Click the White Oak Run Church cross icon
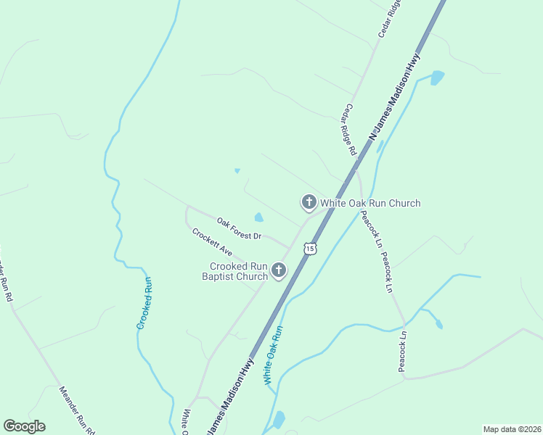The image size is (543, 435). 309,202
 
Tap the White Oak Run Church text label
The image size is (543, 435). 371,204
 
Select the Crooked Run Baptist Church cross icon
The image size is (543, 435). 278,271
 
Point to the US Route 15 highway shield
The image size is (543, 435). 311,249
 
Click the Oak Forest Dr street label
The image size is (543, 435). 238,231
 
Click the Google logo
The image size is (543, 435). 24,426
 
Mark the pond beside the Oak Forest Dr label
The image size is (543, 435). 258,217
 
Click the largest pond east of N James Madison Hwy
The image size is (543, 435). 437,78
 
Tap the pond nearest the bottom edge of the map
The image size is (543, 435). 279,420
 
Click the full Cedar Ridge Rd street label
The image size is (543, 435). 350,130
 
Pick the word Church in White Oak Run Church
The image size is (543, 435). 403,204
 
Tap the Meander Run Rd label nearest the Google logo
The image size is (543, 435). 77,410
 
